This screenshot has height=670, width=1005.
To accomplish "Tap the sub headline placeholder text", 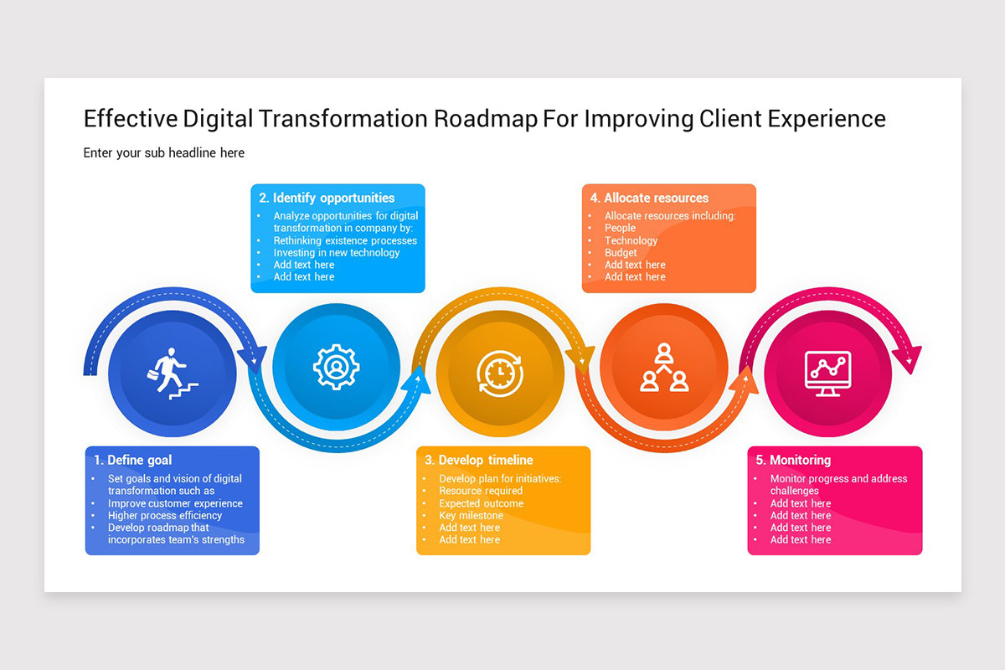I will tap(164, 152).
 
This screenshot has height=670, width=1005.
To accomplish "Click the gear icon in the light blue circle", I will tap(336, 367).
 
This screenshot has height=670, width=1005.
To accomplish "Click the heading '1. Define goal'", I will tap(133, 460).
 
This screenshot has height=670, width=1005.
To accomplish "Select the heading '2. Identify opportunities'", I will tap(327, 198).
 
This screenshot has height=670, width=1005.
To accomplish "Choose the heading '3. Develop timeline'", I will tap(479, 460).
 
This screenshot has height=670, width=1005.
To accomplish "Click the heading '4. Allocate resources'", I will tap(649, 198).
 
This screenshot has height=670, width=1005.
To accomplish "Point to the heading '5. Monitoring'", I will tap(793, 460).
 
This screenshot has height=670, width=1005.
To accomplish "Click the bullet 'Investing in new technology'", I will tap(337, 252).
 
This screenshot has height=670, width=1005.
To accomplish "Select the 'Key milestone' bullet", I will tap(471, 515).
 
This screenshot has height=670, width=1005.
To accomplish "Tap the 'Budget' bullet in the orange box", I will tap(621, 252).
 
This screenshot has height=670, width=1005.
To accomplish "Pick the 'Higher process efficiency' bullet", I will tap(165, 515).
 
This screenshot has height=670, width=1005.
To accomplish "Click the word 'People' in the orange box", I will tap(620, 228).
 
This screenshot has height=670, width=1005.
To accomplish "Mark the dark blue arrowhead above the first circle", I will tap(250, 358).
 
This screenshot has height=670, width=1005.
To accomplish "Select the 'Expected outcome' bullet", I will tap(481, 503).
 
